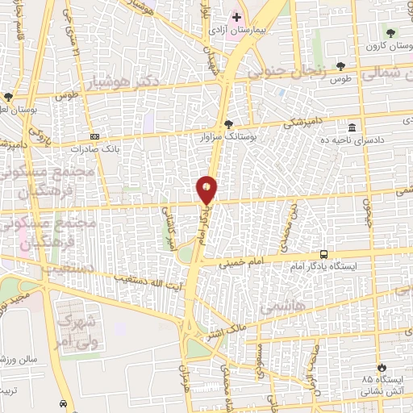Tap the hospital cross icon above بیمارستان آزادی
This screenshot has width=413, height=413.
(x=236, y=16)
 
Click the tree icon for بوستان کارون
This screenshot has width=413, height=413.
(x=390, y=33)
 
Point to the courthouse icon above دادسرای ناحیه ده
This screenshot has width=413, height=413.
(x=353, y=128)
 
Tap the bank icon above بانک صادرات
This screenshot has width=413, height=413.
(x=95, y=136)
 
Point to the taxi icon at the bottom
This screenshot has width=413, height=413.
(x=62, y=403)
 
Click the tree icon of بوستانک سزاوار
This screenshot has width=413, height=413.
(x=228, y=125)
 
